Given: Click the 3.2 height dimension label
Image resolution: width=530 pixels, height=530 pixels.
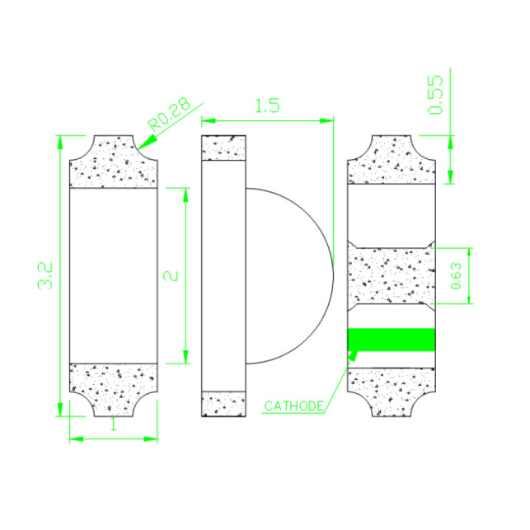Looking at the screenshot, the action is pos(45,275).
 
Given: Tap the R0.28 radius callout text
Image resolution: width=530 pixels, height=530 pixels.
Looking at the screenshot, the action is pos(170,115).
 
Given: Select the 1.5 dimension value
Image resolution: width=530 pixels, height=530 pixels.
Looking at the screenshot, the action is pos(267,106).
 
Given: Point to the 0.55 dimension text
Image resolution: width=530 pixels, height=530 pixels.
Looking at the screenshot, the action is pos(435,95).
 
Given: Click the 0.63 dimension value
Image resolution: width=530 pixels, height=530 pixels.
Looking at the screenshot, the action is pos(457,276).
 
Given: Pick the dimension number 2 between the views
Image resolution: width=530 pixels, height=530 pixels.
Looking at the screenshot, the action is pos(171,276).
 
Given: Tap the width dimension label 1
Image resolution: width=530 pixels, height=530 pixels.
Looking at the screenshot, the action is pos(114,424).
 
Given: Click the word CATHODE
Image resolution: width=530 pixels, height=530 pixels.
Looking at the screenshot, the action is pos(293,406).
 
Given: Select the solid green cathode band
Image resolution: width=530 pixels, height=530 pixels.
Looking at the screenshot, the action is pos(392,340).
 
